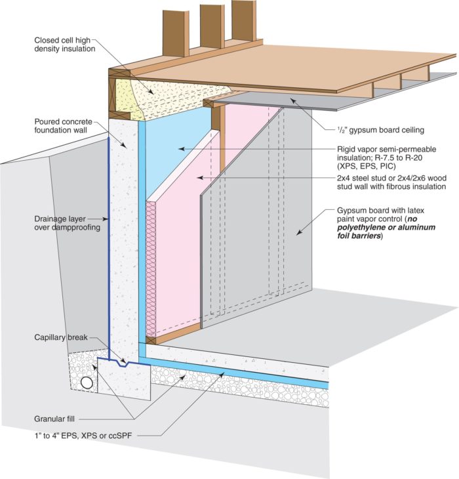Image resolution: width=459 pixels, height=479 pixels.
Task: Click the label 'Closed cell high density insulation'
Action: [65, 44]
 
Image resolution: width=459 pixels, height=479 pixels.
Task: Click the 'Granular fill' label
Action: [60, 417]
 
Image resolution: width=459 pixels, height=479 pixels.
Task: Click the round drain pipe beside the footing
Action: [86, 382]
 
